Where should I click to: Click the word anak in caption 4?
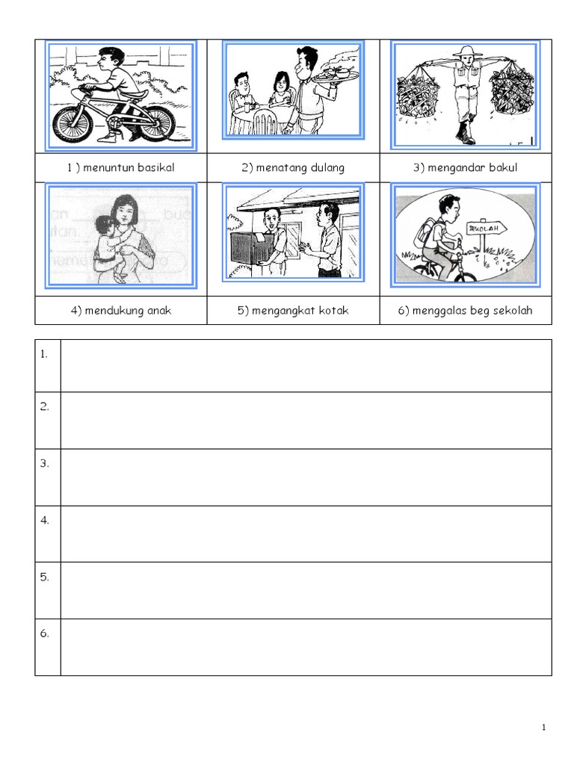(x=159, y=310)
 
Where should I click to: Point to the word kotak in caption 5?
(x=333, y=310)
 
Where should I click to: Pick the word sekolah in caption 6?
(x=513, y=310)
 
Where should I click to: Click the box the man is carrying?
(x=250, y=248)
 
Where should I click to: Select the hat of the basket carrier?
(x=467, y=51)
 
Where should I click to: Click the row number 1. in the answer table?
(x=44, y=354)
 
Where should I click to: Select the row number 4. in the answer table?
(x=44, y=520)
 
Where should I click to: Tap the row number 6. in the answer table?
(x=44, y=634)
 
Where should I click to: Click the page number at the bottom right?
(x=544, y=728)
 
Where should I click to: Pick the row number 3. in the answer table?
(x=44, y=463)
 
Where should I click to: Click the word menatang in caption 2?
(x=281, y=168)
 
